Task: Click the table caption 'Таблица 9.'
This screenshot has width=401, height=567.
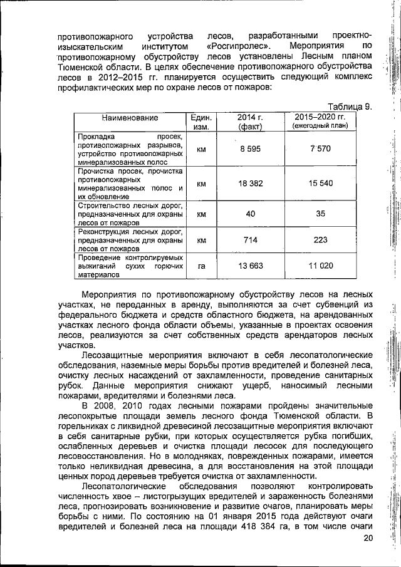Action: pos(350,107)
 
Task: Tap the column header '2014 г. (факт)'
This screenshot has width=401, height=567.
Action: pos(249,122)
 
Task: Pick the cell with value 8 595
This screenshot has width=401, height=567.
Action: pos(250,150)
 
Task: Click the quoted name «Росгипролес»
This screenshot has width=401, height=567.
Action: pos(239,46)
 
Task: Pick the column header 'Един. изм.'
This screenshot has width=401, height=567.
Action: pos(201,122)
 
